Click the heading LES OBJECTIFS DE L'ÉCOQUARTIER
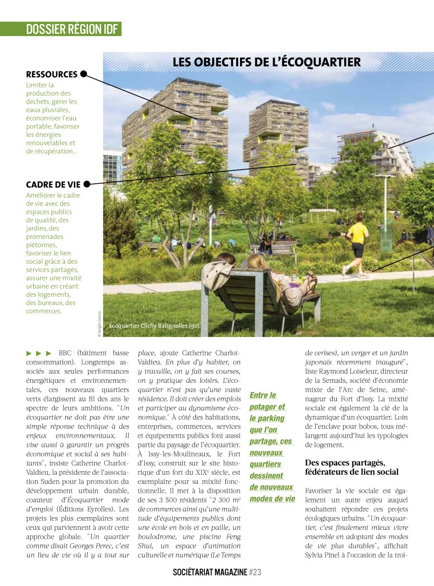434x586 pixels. tap(266, 62)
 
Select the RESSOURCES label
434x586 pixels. tap(52, 74)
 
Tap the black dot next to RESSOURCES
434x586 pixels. tap(84, 74)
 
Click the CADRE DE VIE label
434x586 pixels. tap(53, 185)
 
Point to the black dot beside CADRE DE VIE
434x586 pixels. tap(87, 185)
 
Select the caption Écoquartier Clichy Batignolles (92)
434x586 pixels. tap(154, 325)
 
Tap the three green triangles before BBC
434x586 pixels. tap(39, 353)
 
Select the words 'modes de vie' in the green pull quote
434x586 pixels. tap(272, 499)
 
